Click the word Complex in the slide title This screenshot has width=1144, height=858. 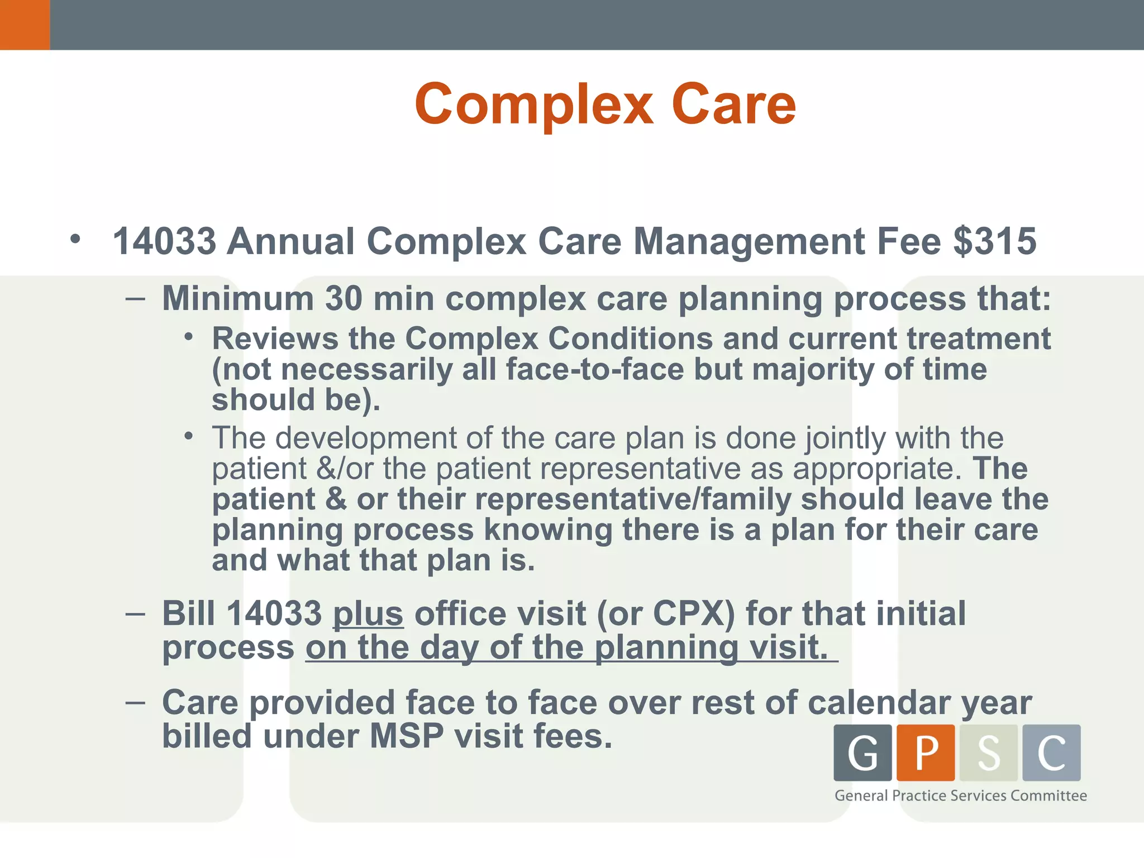tap(533, 105)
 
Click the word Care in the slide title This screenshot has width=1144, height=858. tap(733, 105)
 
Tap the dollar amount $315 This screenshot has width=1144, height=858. tap(995, 241)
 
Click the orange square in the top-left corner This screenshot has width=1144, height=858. tap(25, 25)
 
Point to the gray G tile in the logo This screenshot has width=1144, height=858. tap(862, 752)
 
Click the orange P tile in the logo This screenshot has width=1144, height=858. tap(926, 752)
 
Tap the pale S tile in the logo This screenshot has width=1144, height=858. tap(988, 752)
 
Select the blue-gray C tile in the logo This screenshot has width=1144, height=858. tap(1051, 752)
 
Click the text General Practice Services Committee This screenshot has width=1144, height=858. tap(960, 795)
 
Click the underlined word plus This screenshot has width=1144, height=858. tap(368, 613)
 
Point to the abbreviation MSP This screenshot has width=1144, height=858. tap(407, 736)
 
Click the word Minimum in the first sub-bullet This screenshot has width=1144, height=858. tap(238, 298)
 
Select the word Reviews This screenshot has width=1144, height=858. tap(275, 339)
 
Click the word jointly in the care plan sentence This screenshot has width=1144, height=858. tap(845, 438)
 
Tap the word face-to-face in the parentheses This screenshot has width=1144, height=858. tap(594, 369)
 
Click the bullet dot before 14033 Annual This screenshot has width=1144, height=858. tap(75, 240)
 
